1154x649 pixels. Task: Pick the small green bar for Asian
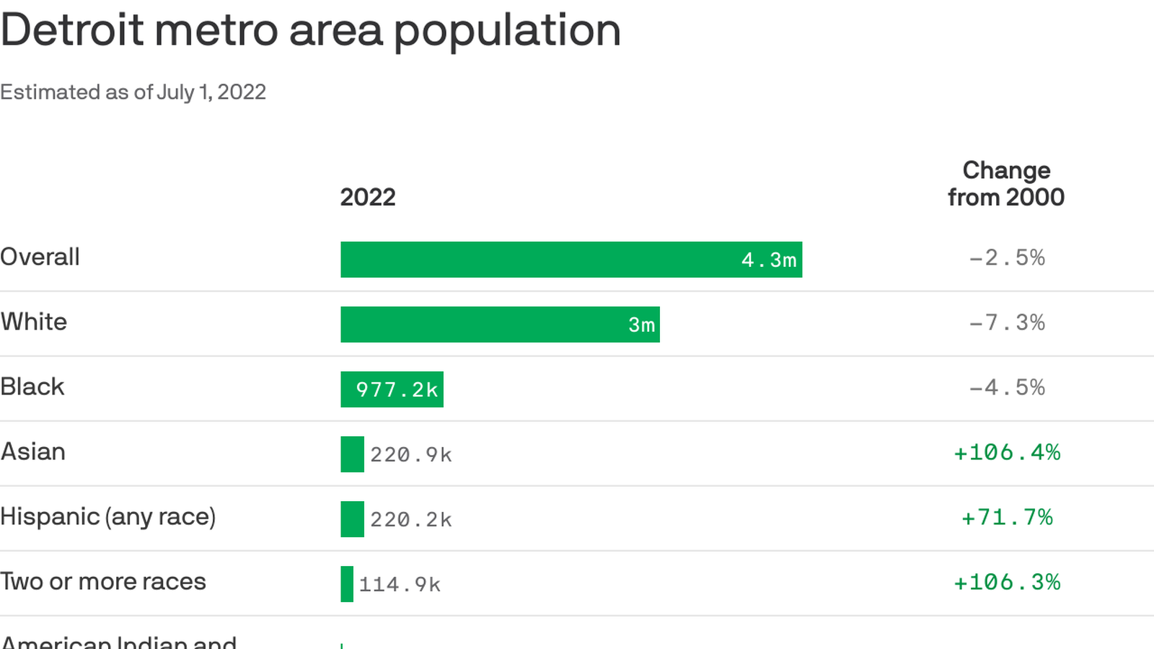coord(352,454)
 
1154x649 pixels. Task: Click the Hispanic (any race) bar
coord(352,519)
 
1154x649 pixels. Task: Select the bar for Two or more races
coord(347,584)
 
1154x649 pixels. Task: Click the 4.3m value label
coord(769,260)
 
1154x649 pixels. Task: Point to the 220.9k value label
coord(411,455)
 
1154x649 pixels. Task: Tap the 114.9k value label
coord(400,585)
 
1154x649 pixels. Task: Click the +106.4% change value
coord(1007,453)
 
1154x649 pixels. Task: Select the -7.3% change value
coord(1007,323)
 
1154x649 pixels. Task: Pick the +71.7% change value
coord(1007,518)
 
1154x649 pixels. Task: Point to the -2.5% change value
coord(1007,258)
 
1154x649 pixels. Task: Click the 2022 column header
coord(368,198)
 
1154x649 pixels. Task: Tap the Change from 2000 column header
coord(1006,184)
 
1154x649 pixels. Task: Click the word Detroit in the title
coord(72,30)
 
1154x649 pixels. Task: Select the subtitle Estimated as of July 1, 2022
coord(133,92)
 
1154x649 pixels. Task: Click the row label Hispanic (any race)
coord(108,517)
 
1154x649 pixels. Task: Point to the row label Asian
coord(33,452)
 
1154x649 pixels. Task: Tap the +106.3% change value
coord(1007,583)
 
